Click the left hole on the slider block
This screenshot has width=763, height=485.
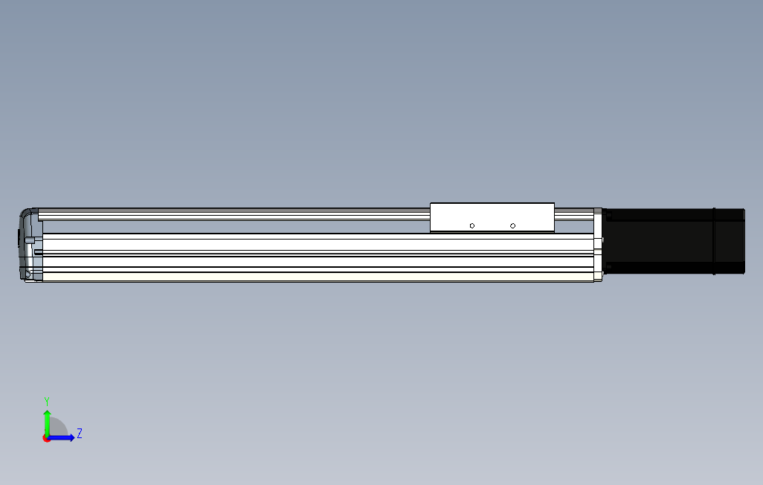[x=472, y=225]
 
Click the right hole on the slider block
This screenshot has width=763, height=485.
[x=512, y=225]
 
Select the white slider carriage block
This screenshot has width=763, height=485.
[x=492, y=217]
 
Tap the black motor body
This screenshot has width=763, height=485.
[x=673, y=242]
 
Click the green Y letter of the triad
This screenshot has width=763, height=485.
[x=47, y=401]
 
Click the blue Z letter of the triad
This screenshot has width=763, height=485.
[x=80, y=433]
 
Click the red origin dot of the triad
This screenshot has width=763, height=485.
[x=47, y=439]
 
